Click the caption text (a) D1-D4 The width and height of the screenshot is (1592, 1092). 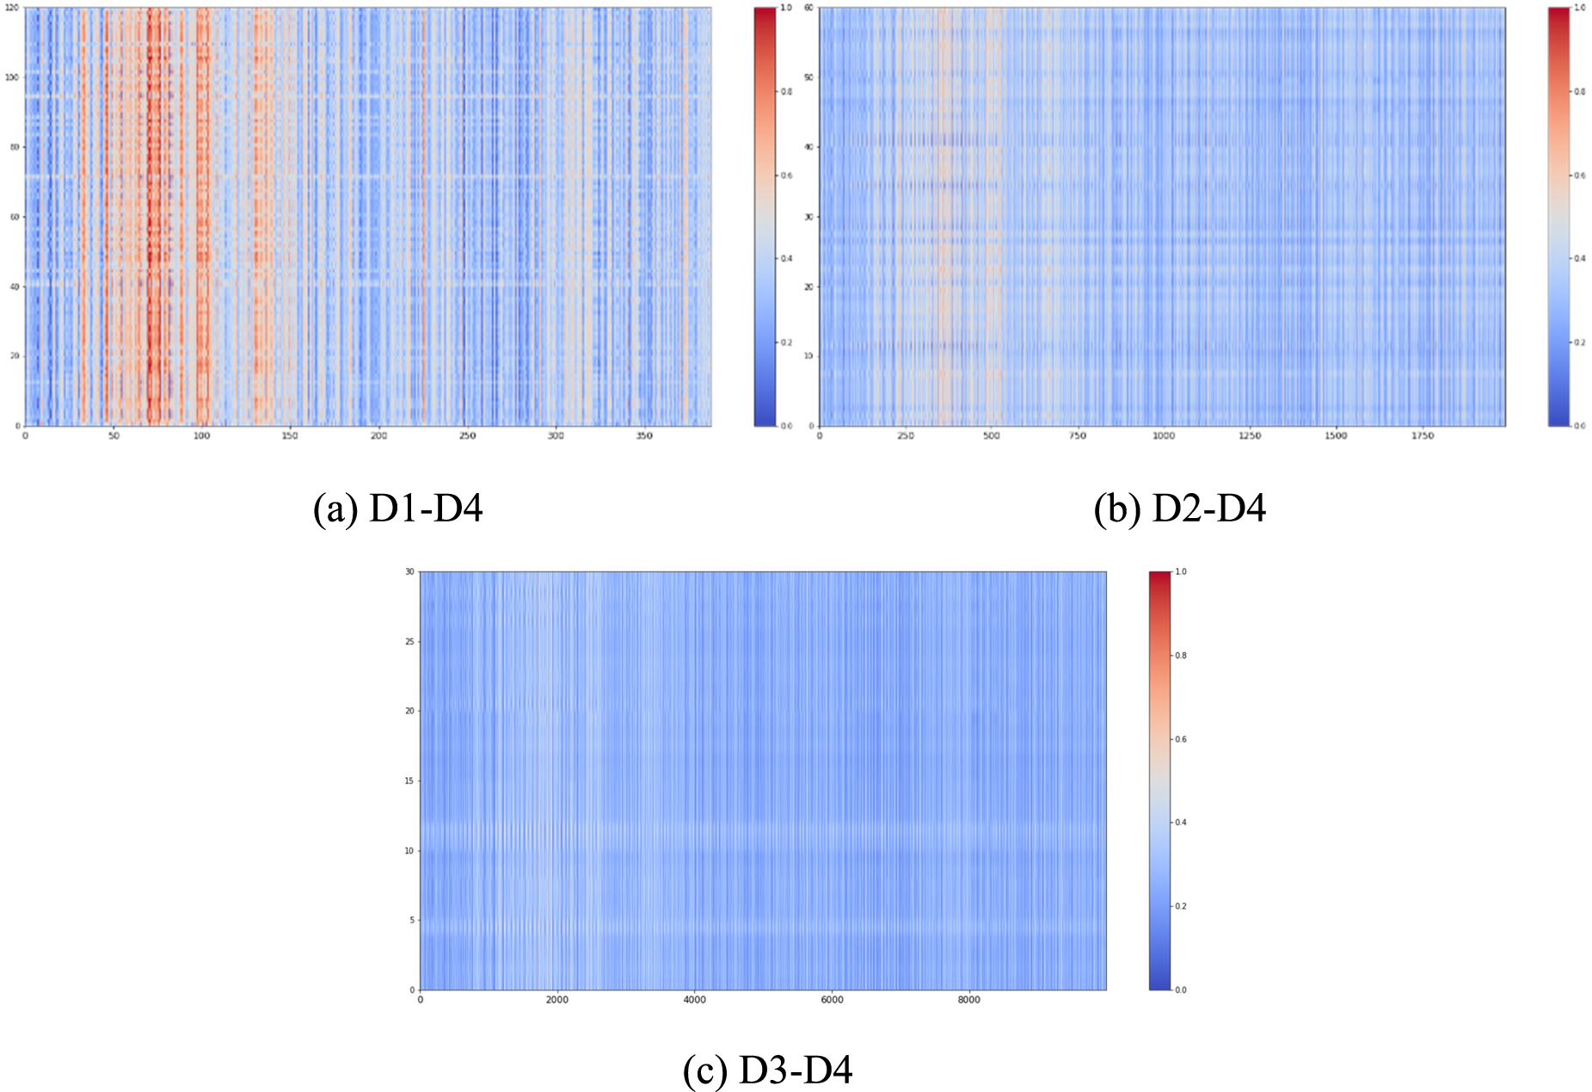(x=397, y=509)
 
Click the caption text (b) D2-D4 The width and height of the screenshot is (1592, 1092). (x=1179, y=509)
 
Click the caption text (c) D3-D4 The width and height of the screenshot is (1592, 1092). (x=767, y=1070)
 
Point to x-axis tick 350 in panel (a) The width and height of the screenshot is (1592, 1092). (x=644, y=436)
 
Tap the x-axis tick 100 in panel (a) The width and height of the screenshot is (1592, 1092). (x=201, y=436)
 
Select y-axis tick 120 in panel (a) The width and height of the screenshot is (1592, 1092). (x=12, y=8)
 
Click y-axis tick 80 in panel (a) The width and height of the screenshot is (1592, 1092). (x=14, y=147)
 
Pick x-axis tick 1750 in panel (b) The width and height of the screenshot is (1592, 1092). (x=1422, y=436)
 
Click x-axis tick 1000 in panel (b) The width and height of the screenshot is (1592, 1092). (x=1163, y=436)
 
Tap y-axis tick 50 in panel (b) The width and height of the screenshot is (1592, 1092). (x=808, y=77)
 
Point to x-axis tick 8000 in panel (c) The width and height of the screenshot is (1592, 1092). (x=968, y=1000)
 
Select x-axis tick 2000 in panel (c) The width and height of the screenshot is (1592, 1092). (x=556, y=1000)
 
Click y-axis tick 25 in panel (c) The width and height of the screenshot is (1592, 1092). (x=409, y=642)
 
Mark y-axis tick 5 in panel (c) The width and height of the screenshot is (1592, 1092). (x=411, y=921)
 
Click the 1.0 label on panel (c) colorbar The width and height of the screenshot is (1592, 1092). (x=1181, y=572)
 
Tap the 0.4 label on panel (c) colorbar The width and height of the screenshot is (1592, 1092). (x=1181, y=823)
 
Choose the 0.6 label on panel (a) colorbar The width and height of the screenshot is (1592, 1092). (x=786, y=176)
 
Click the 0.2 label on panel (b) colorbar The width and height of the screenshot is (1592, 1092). (x=1580, y=342)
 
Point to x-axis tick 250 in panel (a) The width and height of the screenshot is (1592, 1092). (x=467, y=436)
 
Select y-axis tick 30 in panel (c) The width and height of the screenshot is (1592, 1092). (x=409, y=572)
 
